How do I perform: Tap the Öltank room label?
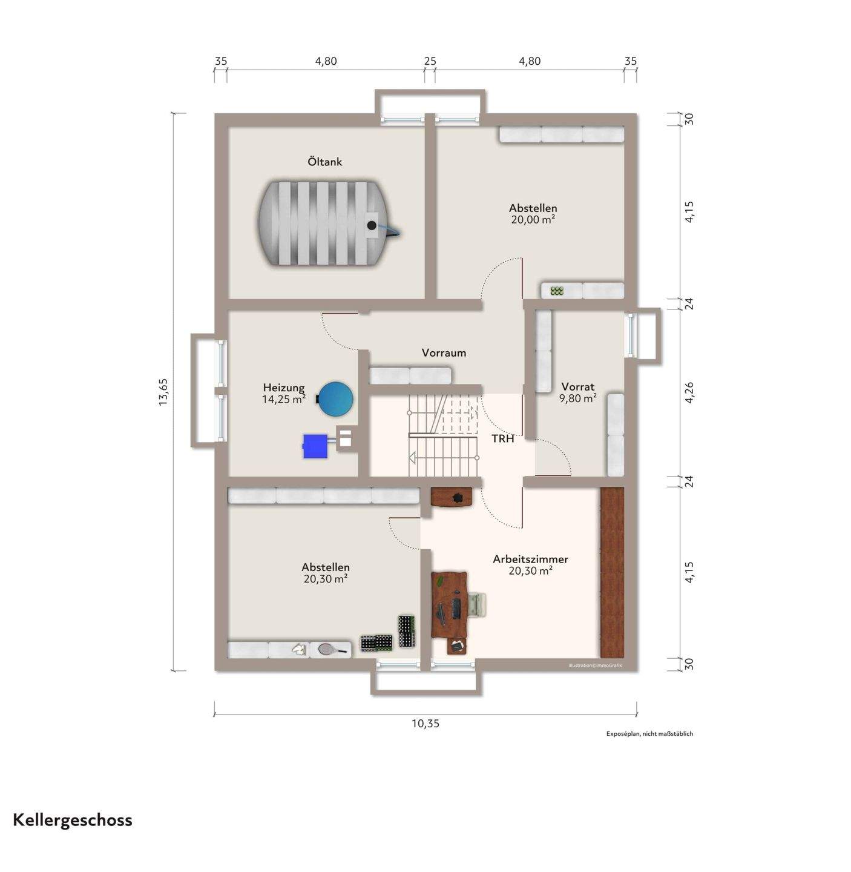pyautogui.click(x=325, y=162)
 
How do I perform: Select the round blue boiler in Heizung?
pyautogui.click(x=336, y=398)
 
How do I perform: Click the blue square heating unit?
pyautogui.click(x=315, y=446)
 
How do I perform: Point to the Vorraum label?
pyautogui.click(x=444, y=352)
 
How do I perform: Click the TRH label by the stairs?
pyautogui.click(x=502, y=438)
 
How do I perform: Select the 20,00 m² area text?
pyautogui.click(x=533, y=220)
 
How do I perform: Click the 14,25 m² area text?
pyautogui.click(x=283, y=399)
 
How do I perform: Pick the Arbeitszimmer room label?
pyautogui.click(x=530, y=559)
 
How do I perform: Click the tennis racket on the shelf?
pyautogui.click(x=330, y=650)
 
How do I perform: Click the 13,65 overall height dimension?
pyautogui.click(x=163, y=392)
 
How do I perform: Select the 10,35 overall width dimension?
pyautogui.click(x=425, y=724)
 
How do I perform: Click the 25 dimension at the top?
pyautogui.click(x=430, y=61)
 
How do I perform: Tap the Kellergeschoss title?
pyautogui.click(x=73, y=820)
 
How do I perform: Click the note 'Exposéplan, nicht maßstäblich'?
pyautogui.click(x=649, y=734)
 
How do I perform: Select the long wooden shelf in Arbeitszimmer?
pyautogui.click(x=612, y=572)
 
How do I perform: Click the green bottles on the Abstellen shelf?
pyautogui.click(x=557, y=291)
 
